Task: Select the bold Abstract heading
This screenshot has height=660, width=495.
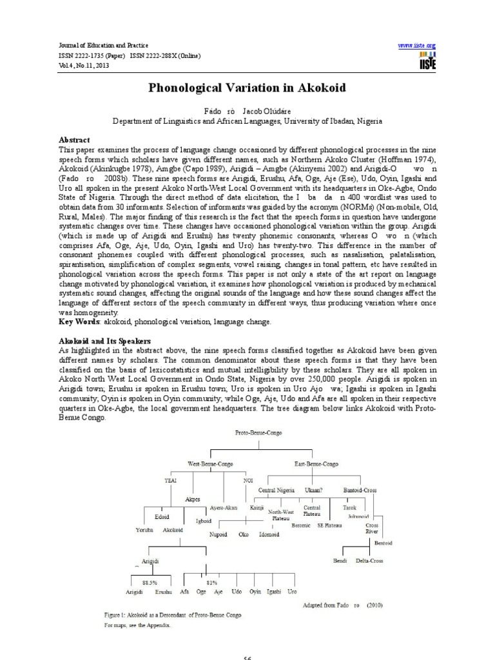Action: pos(75,139)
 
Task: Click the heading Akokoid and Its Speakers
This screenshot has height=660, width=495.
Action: pos(105,340)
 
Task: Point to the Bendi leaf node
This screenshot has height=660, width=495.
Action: pos(340,561)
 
